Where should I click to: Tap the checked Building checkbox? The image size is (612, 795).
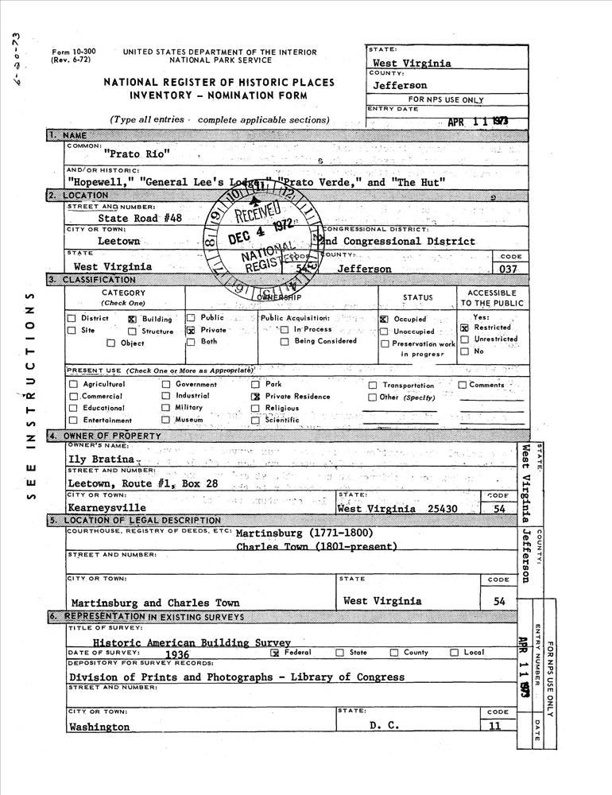132,318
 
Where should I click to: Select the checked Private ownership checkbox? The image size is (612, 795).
191,330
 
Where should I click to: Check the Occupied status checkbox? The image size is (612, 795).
384,319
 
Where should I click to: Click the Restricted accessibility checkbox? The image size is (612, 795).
464,328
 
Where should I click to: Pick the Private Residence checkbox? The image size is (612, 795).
256,397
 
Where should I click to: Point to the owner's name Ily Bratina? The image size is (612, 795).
103,459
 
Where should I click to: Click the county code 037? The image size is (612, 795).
505,269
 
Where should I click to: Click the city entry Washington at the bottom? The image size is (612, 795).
99,727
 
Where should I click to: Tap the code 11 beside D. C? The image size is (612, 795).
496,726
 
